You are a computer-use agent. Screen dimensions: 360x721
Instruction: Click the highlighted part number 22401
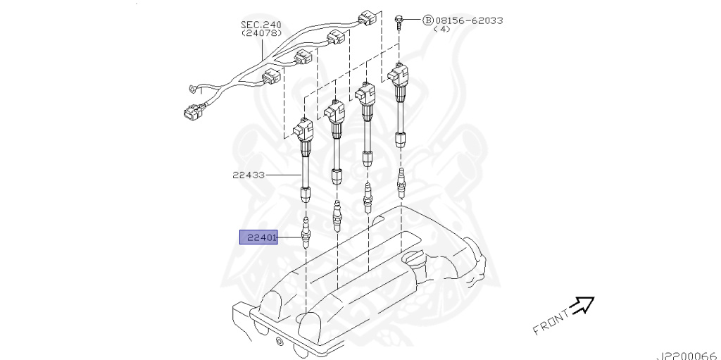coord(259,237)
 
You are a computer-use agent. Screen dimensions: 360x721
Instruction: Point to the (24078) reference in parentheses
coord(261,33)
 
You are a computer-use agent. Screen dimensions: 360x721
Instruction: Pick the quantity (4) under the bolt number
coord(441,30)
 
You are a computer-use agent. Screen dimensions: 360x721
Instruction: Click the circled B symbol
coord(427,20)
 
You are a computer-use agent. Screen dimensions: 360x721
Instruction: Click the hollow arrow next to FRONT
coord(582,306)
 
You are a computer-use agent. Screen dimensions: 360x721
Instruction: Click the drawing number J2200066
coord(686,355)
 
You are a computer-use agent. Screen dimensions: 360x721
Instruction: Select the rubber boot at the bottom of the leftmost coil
coord(306,194)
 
